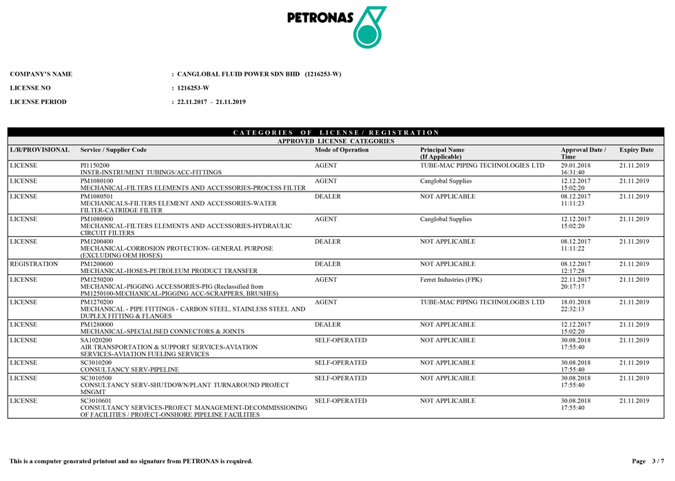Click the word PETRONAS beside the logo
point(320,18)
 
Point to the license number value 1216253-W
point(193,88)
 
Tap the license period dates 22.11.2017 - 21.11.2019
point(211,102)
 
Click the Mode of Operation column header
point(342,150)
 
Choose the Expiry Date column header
point(636,150)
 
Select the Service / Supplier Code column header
point(114,150)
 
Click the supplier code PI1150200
point(95,165)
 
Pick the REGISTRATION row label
point(34,264)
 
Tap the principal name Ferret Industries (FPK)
point(451,280)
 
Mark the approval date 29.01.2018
point(576,165)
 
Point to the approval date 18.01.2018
point(576,302)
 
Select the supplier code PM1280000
point(97,325)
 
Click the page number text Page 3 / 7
point(647,461)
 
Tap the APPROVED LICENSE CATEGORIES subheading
point(336,141)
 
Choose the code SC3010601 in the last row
point(96,400)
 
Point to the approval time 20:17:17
point(572,287)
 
